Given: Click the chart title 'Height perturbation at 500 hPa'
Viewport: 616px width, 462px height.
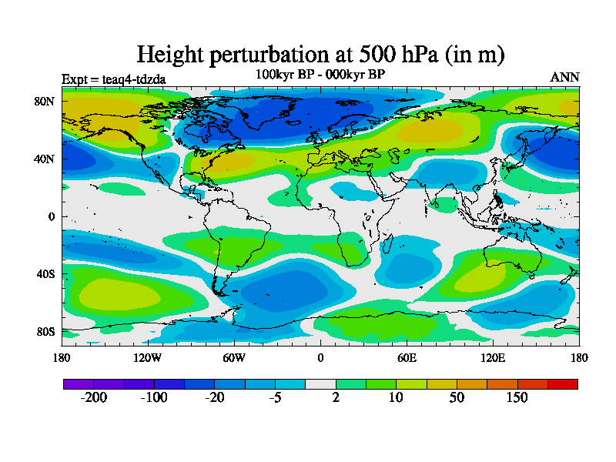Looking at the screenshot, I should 320,55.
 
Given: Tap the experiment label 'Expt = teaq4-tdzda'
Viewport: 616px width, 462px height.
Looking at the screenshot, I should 113,79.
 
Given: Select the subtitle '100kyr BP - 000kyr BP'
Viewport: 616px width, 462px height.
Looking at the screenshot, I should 320,75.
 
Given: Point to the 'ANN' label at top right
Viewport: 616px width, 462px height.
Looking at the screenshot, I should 564,78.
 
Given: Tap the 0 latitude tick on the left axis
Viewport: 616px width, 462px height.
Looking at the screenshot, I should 52,216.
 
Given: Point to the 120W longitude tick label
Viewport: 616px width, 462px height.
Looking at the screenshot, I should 148,357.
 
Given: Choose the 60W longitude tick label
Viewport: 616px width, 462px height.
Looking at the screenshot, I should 234,357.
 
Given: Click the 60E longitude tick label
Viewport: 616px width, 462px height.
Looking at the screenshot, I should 407,357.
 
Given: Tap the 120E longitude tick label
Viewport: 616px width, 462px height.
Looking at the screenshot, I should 493,357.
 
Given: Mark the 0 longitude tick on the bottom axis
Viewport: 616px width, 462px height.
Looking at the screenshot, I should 320,357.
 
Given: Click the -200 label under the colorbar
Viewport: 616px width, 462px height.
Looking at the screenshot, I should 94,397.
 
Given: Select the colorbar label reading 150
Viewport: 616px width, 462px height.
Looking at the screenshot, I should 517,397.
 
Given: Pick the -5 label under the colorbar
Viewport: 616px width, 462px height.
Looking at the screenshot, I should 276,397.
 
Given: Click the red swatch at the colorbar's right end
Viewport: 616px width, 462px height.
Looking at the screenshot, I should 562,383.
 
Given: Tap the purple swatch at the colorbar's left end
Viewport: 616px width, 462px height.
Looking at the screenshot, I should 78,383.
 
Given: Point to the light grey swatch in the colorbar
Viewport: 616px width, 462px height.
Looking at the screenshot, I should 320,383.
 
